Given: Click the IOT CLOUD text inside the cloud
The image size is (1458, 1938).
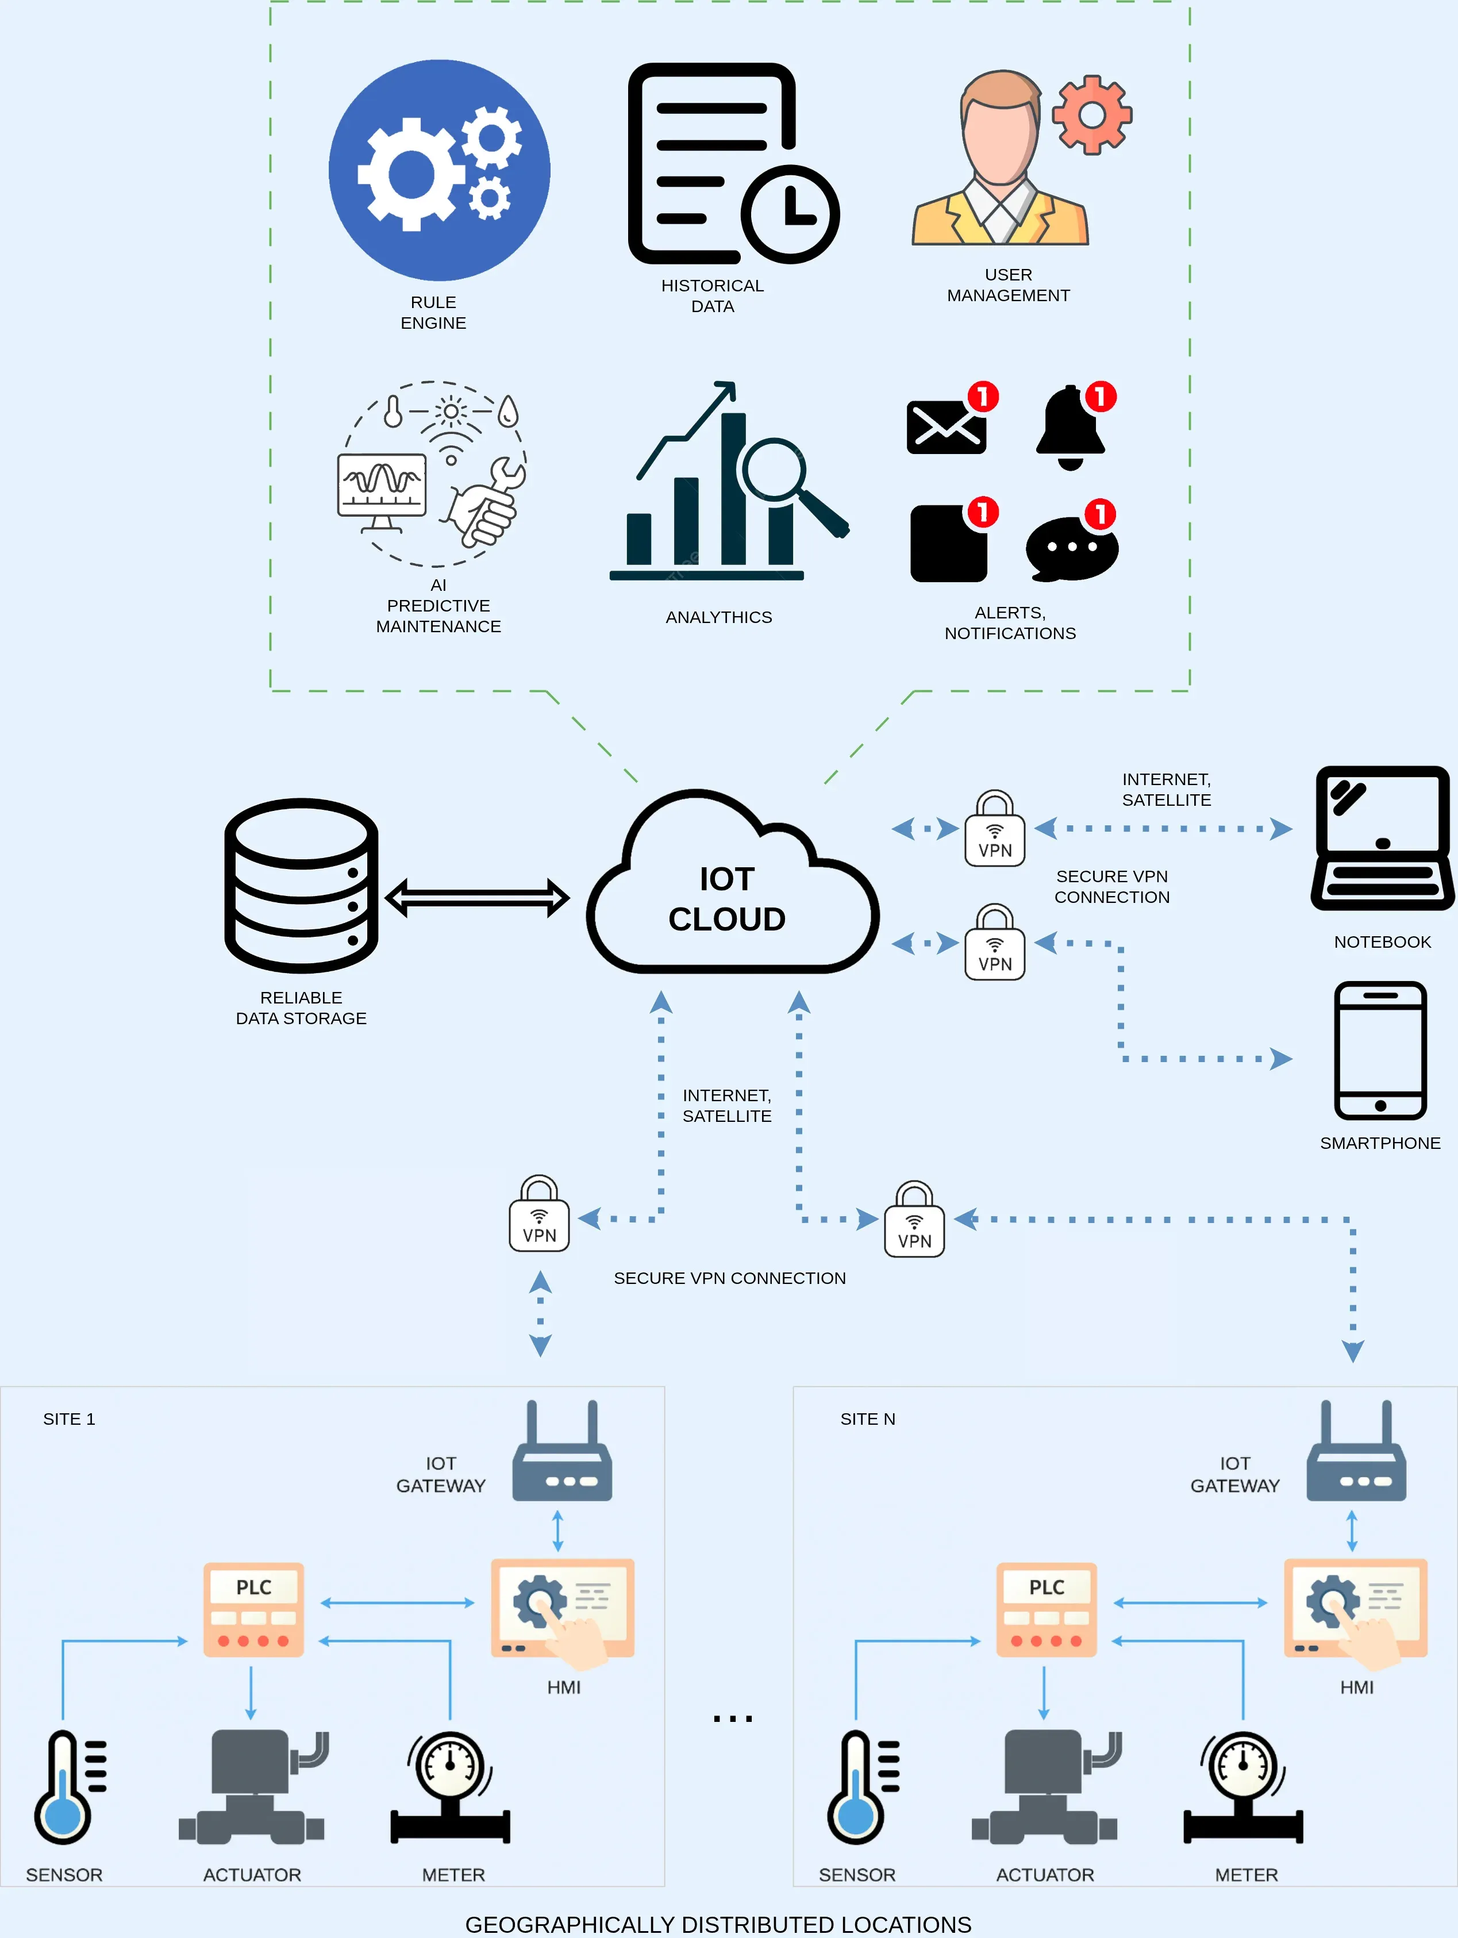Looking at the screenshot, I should (x=726, y=899).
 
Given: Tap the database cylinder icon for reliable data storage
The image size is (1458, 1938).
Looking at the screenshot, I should (x=301, y=885).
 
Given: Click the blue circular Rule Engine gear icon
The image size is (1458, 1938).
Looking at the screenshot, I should (x=439, y=170).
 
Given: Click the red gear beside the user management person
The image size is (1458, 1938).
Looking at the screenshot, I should (x=1092, y=115).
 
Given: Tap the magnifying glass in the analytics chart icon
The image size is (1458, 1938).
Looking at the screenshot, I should (x=775, y=471).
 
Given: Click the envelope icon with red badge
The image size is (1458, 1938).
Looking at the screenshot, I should (x=947, y=426).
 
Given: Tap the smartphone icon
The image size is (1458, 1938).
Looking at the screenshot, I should (x=1380, y=1051).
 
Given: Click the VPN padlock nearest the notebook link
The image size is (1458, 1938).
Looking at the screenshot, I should (x=994, y=830).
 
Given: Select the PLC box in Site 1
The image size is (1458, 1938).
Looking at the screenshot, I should (x=254, y=1609).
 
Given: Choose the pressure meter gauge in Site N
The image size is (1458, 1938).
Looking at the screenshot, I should (x=1243, y=1787).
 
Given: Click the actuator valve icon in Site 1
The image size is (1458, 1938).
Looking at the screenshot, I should (x=252, y=1787).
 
